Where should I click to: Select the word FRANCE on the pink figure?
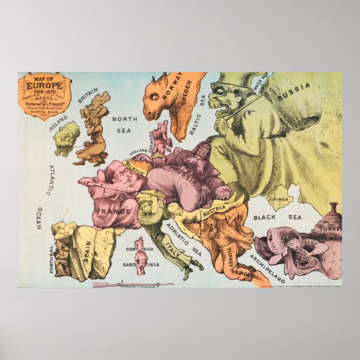(x=113, y=211)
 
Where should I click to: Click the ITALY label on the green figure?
(x=176, y=253)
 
